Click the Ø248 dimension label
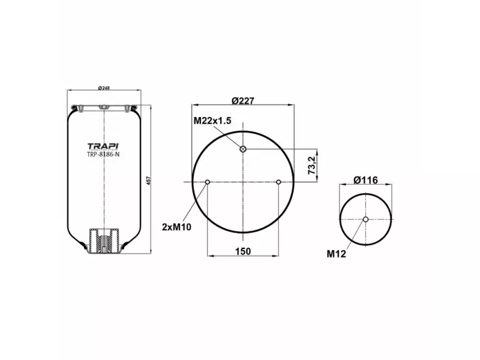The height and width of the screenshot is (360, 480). coord(104,88)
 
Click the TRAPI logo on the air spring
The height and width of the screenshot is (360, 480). coord(103,146)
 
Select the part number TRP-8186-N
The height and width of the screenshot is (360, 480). coord(103,154)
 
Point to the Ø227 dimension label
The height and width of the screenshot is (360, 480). coord(244,101)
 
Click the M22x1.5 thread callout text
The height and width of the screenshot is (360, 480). coord(212,121)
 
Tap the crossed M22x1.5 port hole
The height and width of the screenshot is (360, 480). coord(243,149)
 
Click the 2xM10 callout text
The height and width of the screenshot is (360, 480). coord(176,226)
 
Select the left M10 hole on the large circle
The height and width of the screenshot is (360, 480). coord(208,182)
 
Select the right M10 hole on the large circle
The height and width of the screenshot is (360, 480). coord(278,182)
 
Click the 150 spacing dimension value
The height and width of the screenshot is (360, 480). coord(242,251)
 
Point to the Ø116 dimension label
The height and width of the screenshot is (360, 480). coord(365,180)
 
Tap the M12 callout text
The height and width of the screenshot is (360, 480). coord(336,253)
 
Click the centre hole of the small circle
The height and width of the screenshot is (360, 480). coord(365,220)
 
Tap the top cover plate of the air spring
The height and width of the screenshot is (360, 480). coord(104,109)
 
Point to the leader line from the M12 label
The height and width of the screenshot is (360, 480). coord(355,235)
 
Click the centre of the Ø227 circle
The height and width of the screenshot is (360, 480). coord(243,182)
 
